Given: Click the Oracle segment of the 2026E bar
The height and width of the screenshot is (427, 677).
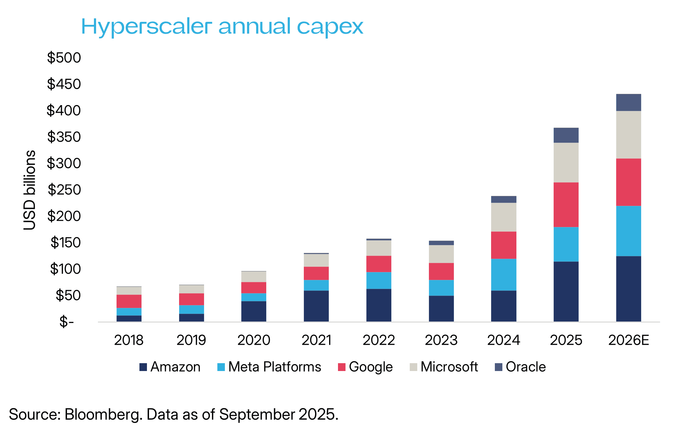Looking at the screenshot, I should pos(628,102).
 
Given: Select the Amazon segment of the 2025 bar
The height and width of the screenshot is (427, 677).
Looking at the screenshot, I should pos(566,291).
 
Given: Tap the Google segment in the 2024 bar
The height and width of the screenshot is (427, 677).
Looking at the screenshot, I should pos(503,245).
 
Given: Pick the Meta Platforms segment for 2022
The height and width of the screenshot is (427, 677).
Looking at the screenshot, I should pos(379,281).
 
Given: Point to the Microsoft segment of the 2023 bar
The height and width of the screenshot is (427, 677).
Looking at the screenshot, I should pos(441,254).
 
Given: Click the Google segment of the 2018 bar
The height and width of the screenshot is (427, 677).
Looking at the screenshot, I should pos(129,301).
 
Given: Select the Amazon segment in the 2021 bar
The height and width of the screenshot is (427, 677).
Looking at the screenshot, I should pos(316,306).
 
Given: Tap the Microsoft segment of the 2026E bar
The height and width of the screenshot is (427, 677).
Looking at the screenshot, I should pos(628,135).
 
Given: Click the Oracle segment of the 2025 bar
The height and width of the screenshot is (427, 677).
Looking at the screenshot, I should pos(566,135).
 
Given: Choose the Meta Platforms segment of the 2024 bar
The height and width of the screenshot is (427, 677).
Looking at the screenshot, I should pos(503,275).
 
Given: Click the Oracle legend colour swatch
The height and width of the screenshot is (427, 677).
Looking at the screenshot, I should pos(499,367).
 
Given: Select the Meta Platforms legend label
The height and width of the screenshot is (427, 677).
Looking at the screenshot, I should pos(274,367).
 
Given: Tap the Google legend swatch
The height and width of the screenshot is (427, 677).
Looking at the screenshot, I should pos(341,367).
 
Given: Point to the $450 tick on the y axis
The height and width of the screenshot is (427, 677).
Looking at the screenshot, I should pos(64,84).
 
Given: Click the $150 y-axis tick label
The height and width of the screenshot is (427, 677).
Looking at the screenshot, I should pos(65,243).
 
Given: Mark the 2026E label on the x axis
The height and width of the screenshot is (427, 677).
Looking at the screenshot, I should pos(628,340).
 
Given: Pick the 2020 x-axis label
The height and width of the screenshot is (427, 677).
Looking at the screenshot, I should pos(254,340).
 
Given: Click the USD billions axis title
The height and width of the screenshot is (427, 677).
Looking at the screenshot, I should pos(30,190).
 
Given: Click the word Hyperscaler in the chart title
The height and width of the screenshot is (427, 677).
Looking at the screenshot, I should pos(146,27).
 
